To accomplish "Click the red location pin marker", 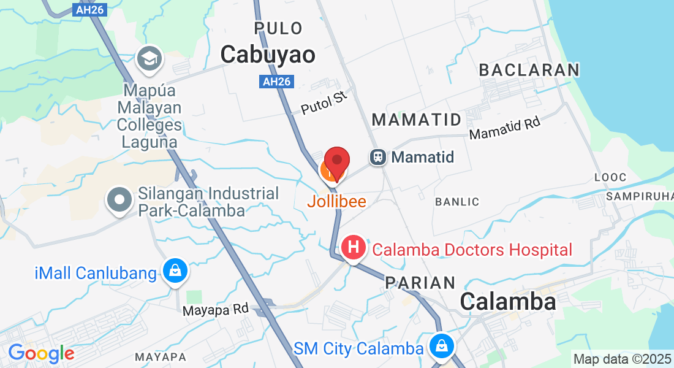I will (336, 162).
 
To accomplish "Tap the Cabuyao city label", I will (268, 55).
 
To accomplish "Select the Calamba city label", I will (508, 301).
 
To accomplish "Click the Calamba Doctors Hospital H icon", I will (354, 248).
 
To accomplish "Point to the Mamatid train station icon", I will (379, 157).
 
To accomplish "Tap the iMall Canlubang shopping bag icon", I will (175, 270).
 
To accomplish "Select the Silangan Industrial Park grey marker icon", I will (119, 199).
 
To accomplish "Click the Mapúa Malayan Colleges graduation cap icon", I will (149, 59).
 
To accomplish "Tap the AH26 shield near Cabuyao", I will (276, 82).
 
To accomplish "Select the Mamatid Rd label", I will (504, 128).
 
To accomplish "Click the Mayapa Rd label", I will (215, 310).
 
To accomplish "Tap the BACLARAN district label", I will (529, 70).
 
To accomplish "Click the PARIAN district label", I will (420, 283).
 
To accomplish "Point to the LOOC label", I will (610, 177).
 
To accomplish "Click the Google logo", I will (41, 353).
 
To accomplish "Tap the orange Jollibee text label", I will (336, 201).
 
